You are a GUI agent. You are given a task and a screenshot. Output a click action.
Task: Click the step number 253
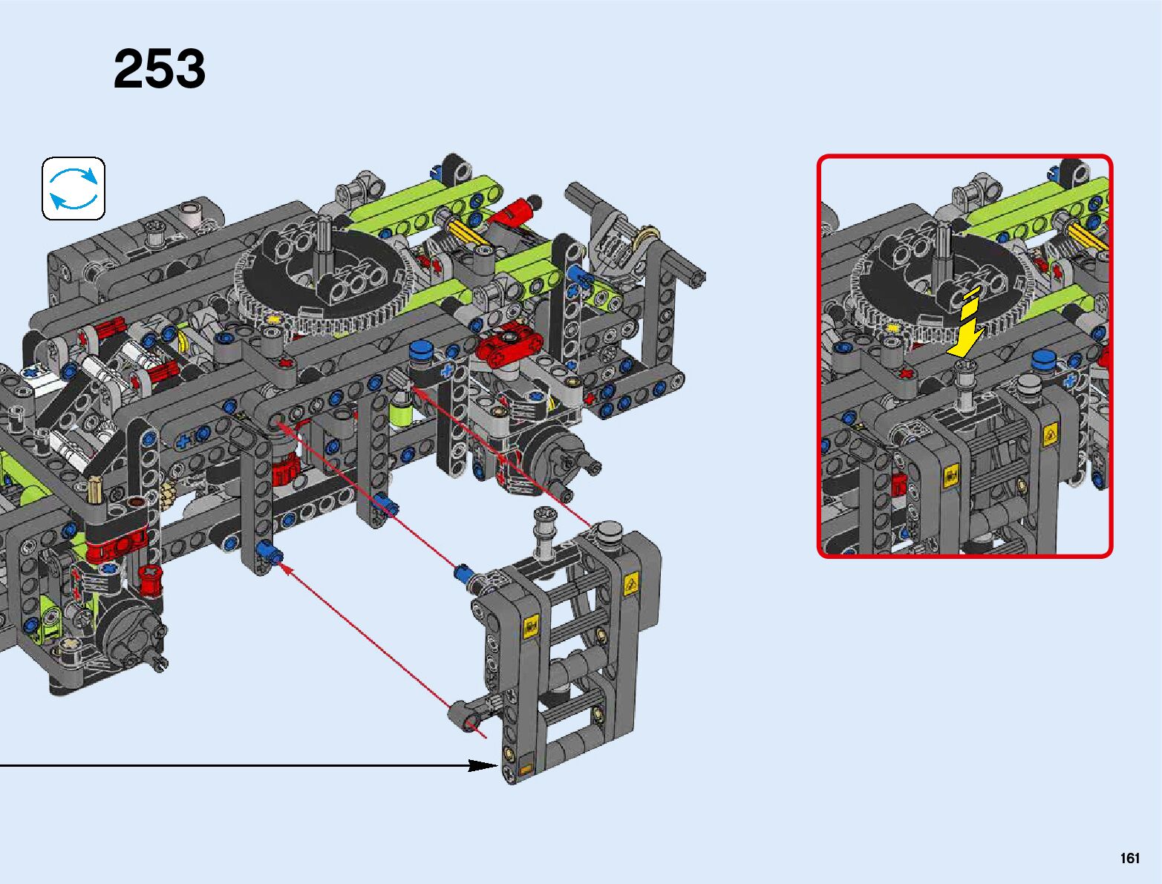click(160, 69)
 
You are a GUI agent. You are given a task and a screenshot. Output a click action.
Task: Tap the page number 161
click(1130, 858)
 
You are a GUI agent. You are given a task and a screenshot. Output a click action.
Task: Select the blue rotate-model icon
click(74, 189)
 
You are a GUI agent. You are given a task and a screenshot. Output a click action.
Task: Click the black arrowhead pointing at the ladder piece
click(483, 765)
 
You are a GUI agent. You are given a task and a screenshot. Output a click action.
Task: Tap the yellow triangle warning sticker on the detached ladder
click(630, 585)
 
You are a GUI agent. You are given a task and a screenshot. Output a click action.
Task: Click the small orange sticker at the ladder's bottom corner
click(526, 770)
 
